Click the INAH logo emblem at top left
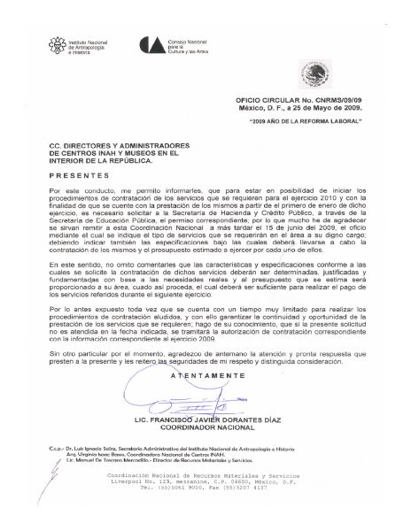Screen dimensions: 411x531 (61, 46)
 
